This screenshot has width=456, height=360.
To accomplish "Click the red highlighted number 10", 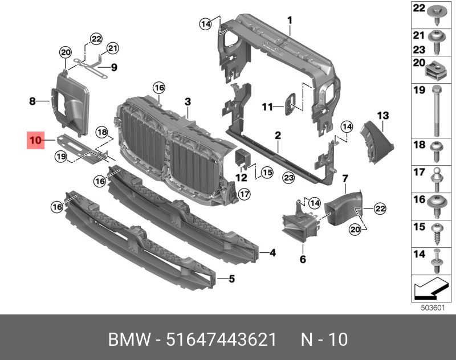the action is point(35,140).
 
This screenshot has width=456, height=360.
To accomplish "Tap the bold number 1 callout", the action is point(290,21).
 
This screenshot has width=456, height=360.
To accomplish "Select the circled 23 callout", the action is point(288,178).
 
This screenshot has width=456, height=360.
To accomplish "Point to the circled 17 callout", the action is point(244,194).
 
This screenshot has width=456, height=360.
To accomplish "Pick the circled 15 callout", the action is point(267,173).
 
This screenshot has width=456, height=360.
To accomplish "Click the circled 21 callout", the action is point(112,48).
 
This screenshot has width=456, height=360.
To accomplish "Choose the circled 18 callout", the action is point(102,133).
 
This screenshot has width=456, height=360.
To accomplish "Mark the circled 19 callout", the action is point(61,157).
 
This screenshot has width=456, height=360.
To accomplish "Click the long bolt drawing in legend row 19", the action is point(437,111).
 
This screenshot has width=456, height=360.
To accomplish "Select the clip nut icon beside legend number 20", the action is point(436,71).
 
